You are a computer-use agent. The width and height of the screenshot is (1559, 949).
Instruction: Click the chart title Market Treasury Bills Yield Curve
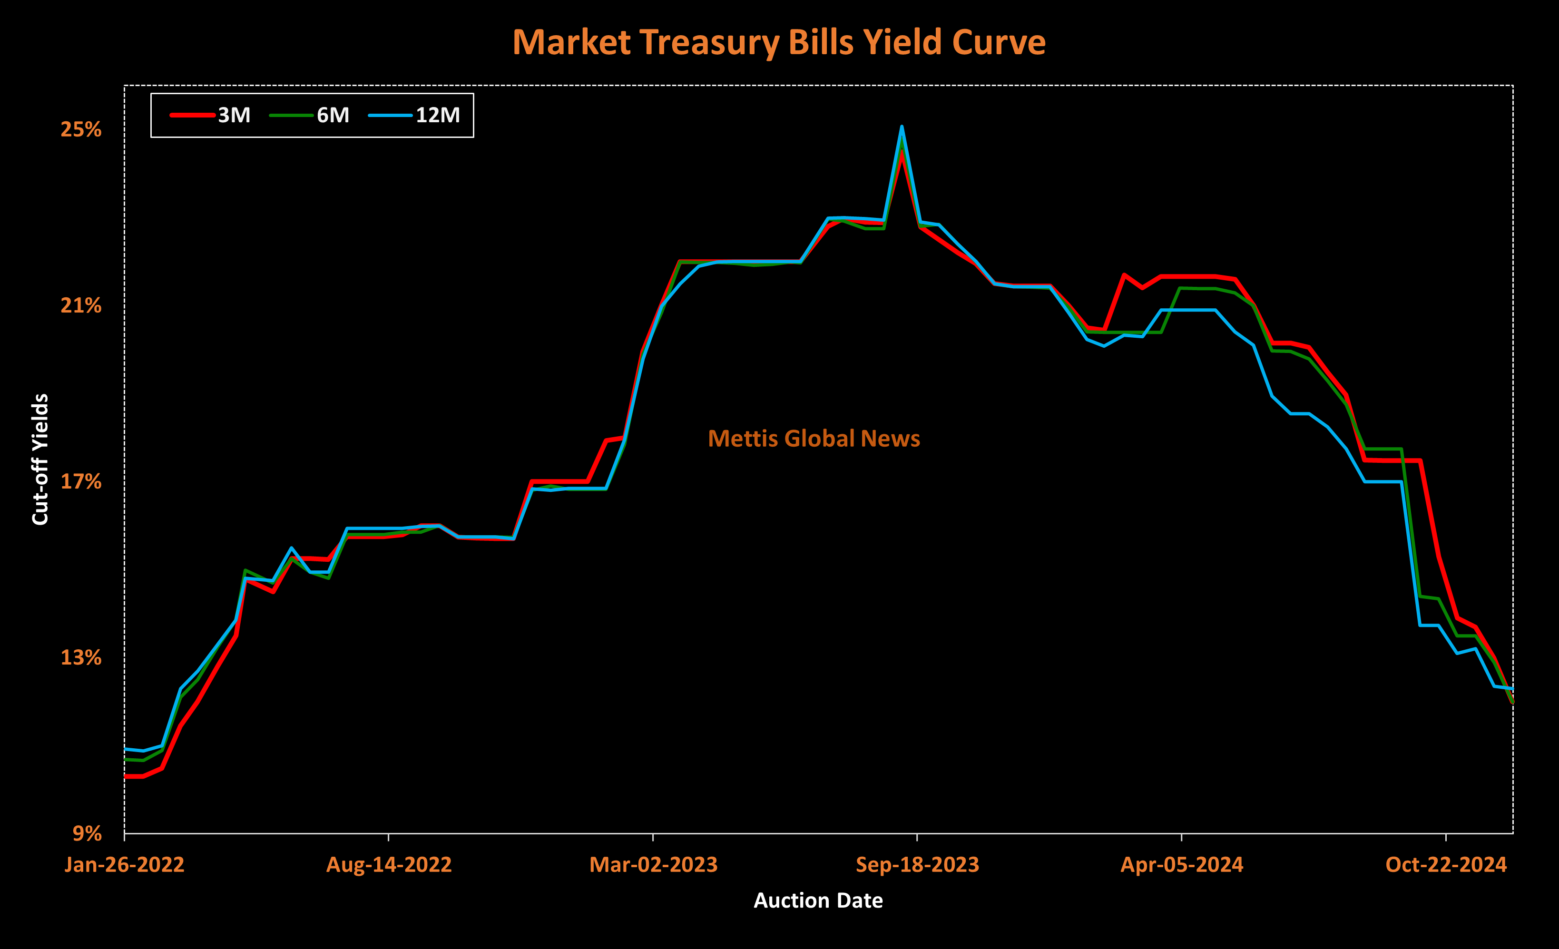tap(779, 42)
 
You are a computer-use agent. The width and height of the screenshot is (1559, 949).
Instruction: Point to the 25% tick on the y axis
tap(81, 130)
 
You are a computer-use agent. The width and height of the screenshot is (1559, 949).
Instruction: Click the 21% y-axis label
tap(81, 306)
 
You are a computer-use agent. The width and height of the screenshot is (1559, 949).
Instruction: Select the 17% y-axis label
tap(81, 482)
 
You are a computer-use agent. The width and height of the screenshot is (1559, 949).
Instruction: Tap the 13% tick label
tap(81, 658)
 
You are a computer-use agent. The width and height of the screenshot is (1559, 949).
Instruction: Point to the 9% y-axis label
tap(87, 834)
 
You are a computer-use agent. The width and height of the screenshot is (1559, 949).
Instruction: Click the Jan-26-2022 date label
tap(124, 865)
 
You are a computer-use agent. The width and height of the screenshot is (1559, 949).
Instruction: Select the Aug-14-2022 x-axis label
tap(389, 865)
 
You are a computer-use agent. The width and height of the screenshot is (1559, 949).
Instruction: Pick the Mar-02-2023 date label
tap(653, 865)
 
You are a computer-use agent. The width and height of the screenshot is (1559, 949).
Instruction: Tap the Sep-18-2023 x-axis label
tap(917, 865)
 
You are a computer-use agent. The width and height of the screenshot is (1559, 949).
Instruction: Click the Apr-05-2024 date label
tap(1182, 865)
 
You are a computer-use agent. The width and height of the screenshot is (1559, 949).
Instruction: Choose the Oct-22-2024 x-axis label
tap(1446, 865)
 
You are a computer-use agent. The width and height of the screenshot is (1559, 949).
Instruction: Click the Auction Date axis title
tap(818, 901)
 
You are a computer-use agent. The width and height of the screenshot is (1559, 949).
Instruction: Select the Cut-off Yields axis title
tap(40, 460)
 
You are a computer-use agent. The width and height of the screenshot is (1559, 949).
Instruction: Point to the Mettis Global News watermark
tap(814, 439)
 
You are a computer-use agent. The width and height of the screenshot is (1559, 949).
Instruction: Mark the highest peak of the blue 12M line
tap(902, 127)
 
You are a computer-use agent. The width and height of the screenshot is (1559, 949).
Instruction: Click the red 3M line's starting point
tap(125, 776)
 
